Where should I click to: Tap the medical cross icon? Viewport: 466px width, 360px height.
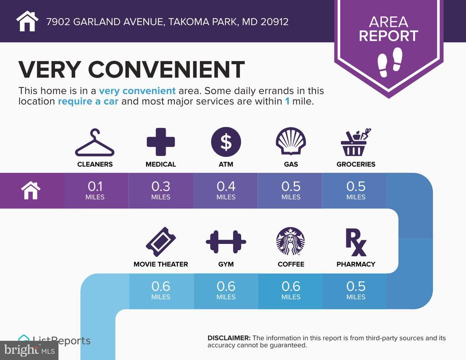(161, 142)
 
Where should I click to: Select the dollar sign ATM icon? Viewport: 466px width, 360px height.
(226, 142)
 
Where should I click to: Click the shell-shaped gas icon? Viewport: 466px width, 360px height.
(291, 141)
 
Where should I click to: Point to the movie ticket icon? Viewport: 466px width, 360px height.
(161, 242)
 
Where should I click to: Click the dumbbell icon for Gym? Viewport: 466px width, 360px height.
(226, 242)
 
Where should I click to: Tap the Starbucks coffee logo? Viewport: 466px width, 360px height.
(291, 241)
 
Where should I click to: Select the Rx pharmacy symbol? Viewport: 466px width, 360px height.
(356, 242)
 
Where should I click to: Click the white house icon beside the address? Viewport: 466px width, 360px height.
(27, 21)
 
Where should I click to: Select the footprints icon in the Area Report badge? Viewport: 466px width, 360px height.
(390, 62)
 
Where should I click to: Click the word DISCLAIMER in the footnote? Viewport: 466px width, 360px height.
(229, 338)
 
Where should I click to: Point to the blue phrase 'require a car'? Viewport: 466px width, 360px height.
(88, 101)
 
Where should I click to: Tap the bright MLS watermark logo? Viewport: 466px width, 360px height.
(29, 350)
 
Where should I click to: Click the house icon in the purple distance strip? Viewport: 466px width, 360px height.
(30, 191)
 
